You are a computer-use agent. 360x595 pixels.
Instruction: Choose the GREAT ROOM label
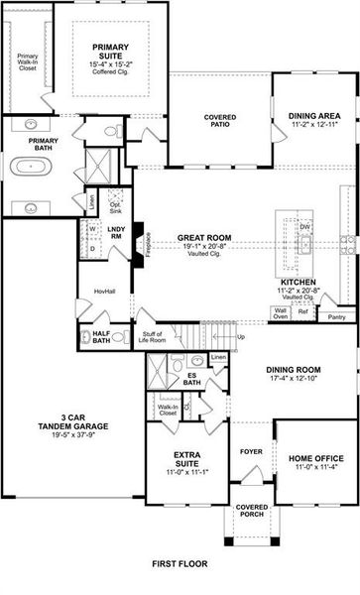[205, 238]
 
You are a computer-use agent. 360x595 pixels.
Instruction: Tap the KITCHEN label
[297, 283]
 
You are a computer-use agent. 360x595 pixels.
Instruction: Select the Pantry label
[336, 317]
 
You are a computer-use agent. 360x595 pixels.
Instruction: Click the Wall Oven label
[281, 313]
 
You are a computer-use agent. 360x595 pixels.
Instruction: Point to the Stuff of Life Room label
[153, 339]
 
